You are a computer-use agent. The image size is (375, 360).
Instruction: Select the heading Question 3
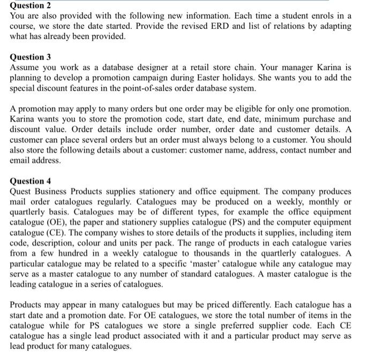(x=31, y=57)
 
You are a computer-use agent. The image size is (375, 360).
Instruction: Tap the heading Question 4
(x=31, y=181)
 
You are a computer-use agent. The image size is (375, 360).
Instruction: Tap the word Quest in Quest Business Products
(x=22, y=191)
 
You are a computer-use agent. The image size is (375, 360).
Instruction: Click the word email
(x=22, y=160)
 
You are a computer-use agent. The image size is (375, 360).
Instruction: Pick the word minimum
(x=270, y=119)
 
